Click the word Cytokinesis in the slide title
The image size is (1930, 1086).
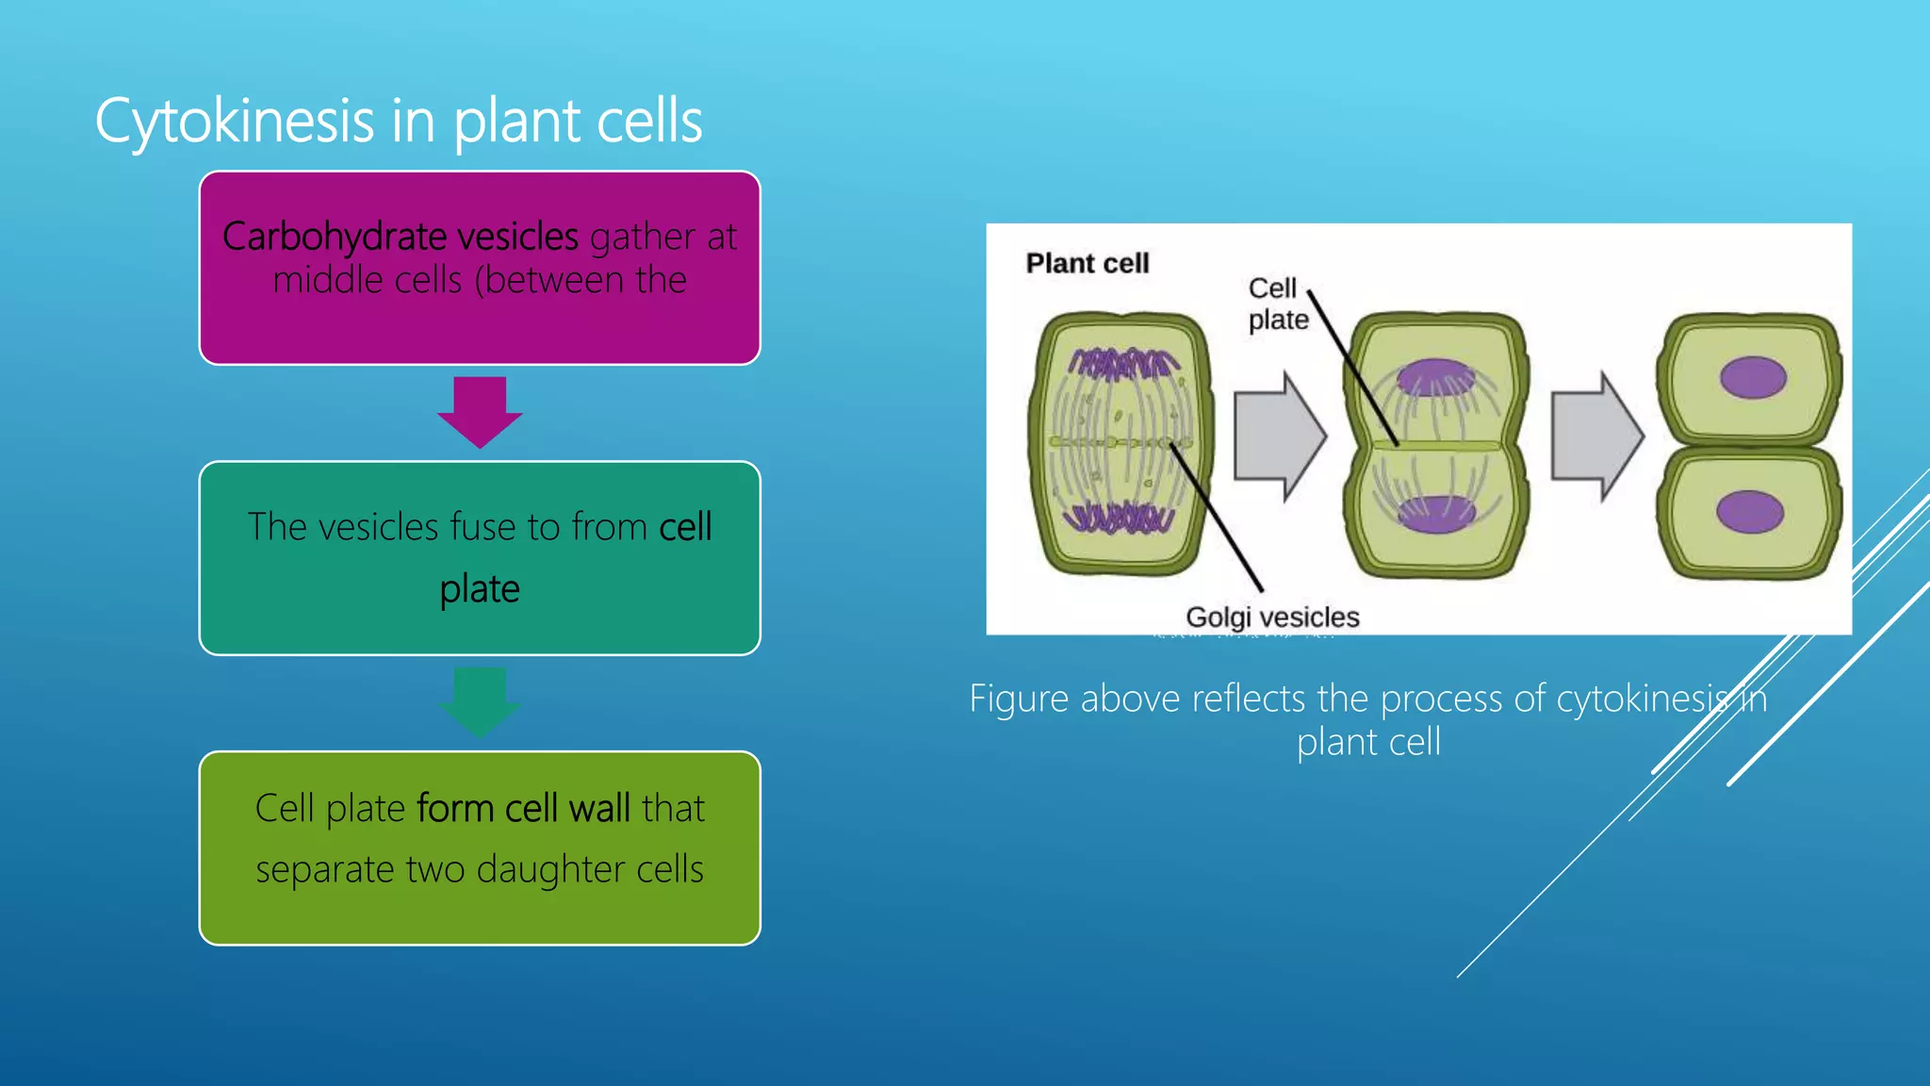[x=235, y=123]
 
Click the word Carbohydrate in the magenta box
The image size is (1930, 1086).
[x=334, y=237]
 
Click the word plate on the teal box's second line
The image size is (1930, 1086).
[x=480, y=589]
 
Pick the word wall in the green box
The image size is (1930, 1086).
[x=600, y=809]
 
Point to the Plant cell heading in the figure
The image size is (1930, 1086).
[x=1087, y=263]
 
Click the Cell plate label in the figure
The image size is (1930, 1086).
[x=1277, y=304]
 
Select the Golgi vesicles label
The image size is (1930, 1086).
[x=1271, y=617]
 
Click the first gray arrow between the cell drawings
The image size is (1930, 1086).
[x=1279, y=436]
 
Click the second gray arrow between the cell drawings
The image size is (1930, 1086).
[x=1596, y=436]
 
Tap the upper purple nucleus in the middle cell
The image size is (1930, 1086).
[x=1434, y=377]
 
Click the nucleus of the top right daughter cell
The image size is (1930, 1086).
[x=1752, y=378]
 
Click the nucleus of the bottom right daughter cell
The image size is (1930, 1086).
[x=1749, y=513]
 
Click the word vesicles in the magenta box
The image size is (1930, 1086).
[x=517, y=237]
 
